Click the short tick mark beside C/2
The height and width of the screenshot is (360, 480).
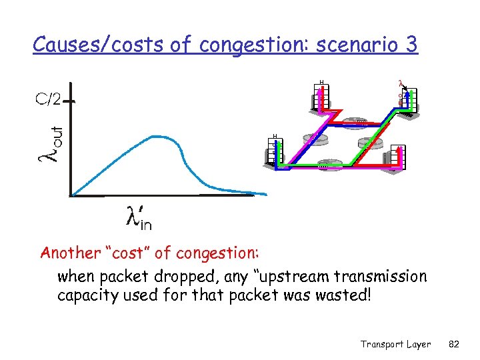pyautogui.click(x=70, y=101)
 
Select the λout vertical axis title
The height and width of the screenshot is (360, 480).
pyautogui.click(x=50, y=142)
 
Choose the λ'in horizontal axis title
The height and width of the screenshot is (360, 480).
pyautogui.click(x=139, y=217)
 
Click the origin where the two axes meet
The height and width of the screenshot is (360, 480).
pyautogui.click(x=71, y=195)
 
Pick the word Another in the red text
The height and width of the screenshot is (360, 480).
pyautogui.click(x=69, y=253)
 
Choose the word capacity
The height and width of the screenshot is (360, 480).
pyautogui.click(x=85, y=294)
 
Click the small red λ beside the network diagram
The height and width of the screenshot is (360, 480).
pyautogui.click(x=400, y=84)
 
